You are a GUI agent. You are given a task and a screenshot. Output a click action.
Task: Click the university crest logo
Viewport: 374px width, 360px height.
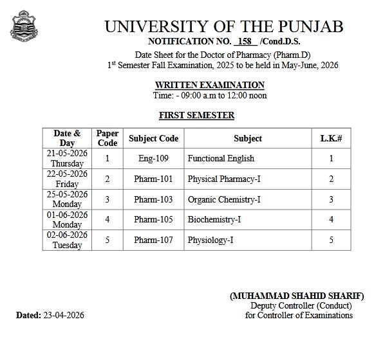coord(21,26)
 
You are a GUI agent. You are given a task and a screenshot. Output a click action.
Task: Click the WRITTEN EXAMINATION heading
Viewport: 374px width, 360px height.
coord(209,85)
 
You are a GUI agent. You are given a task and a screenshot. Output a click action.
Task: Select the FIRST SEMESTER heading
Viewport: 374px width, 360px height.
coord(196,115)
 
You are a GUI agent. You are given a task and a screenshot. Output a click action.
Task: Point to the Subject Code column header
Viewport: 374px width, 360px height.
coord(153,138)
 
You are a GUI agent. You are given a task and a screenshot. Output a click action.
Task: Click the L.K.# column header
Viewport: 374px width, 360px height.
coord(331,138)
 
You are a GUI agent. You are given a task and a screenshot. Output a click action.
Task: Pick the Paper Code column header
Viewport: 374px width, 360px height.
coord(108,138)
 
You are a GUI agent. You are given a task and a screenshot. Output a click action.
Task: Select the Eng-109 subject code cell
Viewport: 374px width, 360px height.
coord(153,158)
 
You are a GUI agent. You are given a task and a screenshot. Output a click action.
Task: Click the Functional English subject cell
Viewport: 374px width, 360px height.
coord(221,158)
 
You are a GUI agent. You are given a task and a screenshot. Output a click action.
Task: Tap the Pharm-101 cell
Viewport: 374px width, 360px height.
coord(153,179)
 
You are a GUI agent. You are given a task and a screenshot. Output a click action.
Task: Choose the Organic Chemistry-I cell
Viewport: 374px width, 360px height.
coord(224,199)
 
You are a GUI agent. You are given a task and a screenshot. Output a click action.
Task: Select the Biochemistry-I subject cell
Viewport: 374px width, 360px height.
coord(214,219)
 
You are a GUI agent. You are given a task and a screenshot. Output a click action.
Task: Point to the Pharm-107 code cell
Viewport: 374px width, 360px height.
coord(153,240)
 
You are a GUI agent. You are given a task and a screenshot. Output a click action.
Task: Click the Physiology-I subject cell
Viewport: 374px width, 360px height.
coord(210,240)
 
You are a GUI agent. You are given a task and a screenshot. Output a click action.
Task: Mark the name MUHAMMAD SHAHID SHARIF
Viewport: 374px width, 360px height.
coord(297,296)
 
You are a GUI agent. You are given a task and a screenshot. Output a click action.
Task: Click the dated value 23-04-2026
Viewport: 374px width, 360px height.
coord(63,315)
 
